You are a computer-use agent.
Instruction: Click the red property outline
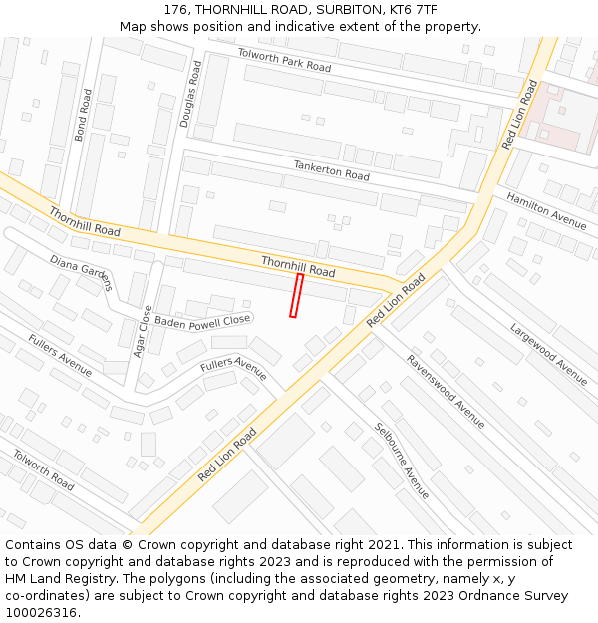coord(295,296)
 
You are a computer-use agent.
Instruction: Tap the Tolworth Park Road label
coord(284,59)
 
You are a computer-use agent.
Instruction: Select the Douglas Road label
coord(189,93)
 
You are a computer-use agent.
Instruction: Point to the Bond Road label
coord(84,114)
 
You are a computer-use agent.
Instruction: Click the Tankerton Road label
coord(331,170)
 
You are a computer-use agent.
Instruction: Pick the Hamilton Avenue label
coord(546,210)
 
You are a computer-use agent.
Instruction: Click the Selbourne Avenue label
coord(402,461)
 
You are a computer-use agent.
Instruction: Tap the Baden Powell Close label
coord(202,321)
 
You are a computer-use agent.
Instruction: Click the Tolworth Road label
coord(43,469)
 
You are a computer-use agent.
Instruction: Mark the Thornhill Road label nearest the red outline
coord(298,266)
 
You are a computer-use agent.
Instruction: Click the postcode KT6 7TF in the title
coord(413,9)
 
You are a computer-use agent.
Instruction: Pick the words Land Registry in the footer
coord(76,579)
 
